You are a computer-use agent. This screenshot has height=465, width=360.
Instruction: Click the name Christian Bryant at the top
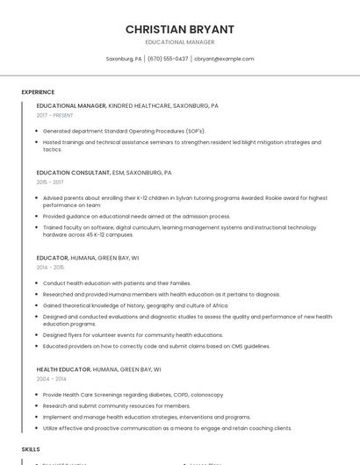179,29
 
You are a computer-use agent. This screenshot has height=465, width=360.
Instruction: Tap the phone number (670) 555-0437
168,59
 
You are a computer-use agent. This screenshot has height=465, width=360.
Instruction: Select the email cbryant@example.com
224,59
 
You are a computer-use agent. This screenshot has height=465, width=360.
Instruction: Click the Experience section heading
38,92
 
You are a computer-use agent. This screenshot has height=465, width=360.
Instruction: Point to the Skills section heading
31,448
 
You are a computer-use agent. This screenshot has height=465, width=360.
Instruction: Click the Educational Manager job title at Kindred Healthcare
71,105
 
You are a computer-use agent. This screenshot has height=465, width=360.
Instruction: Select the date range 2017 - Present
55,115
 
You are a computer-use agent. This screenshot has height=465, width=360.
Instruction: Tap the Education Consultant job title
74,173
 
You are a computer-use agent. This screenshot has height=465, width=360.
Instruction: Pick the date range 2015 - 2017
50,182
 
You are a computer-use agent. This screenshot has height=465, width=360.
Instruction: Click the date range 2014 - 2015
50,268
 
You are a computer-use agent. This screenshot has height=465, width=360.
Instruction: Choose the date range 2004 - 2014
50,379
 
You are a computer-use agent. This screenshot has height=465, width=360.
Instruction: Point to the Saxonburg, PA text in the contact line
124,59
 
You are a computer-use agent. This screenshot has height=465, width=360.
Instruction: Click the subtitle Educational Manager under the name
179,42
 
